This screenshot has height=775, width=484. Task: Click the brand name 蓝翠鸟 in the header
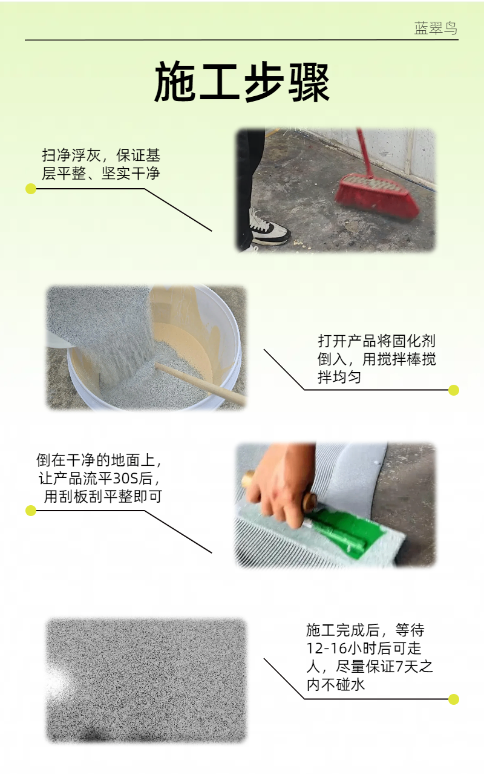click(x=436, y=28)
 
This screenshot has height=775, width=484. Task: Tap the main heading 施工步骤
click(x=241, y=82)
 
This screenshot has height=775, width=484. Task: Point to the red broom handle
click(x=365, y=152)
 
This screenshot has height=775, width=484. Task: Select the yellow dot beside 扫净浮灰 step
click(x=31, y=189)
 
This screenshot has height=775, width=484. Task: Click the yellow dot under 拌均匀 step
click(x=454, y=390)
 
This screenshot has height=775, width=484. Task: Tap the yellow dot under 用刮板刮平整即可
click(x=31, y=511)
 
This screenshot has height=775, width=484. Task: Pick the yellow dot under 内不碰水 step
click(x=454, y=699)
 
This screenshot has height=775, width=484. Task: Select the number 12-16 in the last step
click(x=326, y=648)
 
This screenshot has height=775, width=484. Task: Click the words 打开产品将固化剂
click(x=376, y=341)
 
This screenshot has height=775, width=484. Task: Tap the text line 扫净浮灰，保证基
click(x=101, y=155)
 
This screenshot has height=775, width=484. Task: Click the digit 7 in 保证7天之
click(x=399, y=666)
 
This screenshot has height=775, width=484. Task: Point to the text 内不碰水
click(x=336, y=684)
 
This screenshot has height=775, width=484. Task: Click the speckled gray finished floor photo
click(x=146, y=681)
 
